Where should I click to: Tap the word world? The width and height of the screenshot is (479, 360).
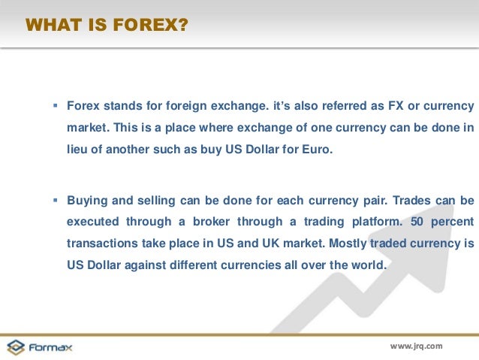click(367, 265)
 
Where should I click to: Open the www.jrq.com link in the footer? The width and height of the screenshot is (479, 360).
click(417, 346)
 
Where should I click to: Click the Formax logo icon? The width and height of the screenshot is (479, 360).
click(16, 347)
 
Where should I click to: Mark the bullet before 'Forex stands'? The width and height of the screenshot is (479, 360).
click(56, 105)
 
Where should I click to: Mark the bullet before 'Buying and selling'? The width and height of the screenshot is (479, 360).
click(56, 201)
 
